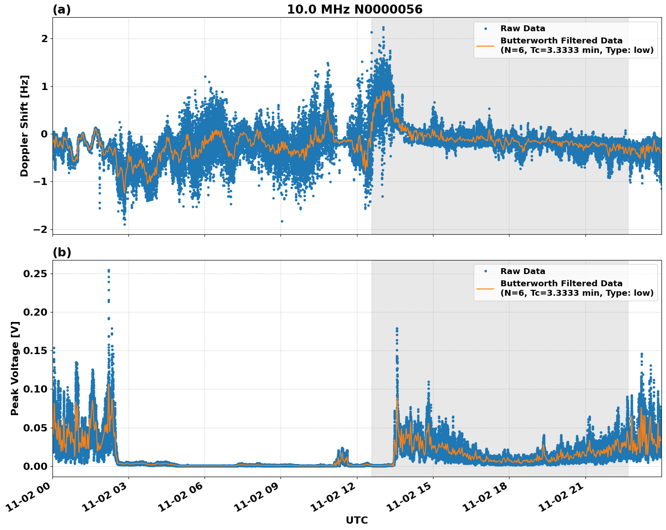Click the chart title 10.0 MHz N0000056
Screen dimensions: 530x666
pyautogui.click(x=355, y=9)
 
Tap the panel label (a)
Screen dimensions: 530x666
pyautogui.click(x=62, y=9)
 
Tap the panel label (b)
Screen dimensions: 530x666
pyautogui.click(x=62, y=252)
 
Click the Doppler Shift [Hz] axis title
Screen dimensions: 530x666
pyautogui.click(x=24, y=126)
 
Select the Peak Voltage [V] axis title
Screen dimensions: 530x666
pyautogui.click(x=15, y=369)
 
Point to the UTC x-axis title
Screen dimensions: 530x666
pyautogui.click(x=357, y=520)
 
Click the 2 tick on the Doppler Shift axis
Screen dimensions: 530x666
pyautogui.click(x=44, y=39)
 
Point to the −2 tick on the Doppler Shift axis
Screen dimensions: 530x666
pyautogui.click(x=41, y=229)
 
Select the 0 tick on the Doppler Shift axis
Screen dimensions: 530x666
pyautogui.click(x=44, y=134)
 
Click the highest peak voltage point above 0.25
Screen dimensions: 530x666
pyautogui.click(x=109, y=270)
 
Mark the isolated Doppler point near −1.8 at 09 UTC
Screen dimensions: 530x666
pyautogui.click(x=282, y=221)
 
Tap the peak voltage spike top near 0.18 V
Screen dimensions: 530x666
pyautogui.click(x=397, y=328)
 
